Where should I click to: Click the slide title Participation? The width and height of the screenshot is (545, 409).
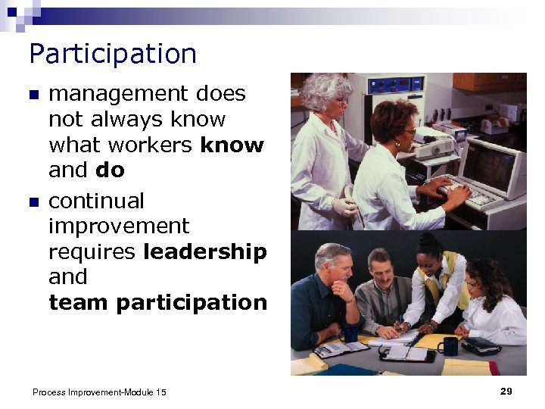coord(113,55)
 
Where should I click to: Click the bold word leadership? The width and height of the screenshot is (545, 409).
coord(204,251)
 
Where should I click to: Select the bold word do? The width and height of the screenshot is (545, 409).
coord(110,170)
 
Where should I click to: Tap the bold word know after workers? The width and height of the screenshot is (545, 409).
coord(232,145)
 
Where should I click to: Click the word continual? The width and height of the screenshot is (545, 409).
coord(96,201)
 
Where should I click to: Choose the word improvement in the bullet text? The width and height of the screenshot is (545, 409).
coord(119,226)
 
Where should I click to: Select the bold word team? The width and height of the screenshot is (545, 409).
coord(79,302)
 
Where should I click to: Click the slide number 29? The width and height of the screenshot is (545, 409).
coord(506,391)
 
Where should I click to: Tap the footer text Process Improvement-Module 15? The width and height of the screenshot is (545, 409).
coord(99,392)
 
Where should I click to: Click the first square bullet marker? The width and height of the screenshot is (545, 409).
coord(33,95)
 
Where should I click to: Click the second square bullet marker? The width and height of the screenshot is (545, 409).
coord(33,202)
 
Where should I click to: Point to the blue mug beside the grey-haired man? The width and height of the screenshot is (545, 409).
coord(349,334)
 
